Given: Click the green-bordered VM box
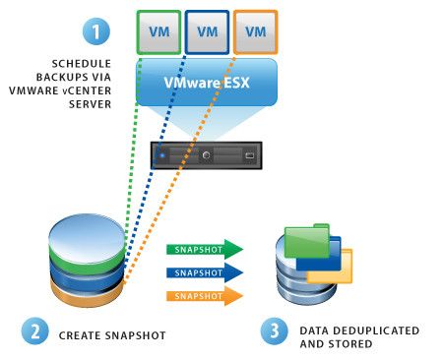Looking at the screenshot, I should tap(158, 31).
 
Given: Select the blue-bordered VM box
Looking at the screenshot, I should tap(207, 31).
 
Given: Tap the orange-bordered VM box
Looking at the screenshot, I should tap(255, 31).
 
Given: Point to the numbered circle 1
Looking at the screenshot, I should tap(95, 31).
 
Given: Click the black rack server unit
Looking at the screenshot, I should tap(207, 155).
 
